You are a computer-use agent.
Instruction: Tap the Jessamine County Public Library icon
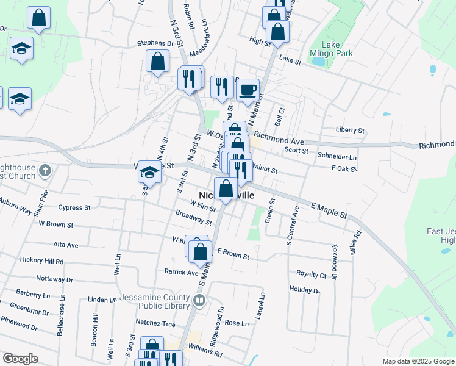click(199, 300)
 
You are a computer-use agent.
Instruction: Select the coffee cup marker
click(248, 91)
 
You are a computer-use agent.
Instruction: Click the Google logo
click(21, 358)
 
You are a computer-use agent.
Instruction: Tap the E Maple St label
click(329, 211)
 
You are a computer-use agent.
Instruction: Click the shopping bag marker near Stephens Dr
click(157, 62)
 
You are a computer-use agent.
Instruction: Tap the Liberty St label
click(350, 130)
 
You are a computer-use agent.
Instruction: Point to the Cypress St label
click(74, 207)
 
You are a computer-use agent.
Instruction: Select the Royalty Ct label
click(311, 274)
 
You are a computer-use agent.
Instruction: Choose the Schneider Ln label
click(337, 156)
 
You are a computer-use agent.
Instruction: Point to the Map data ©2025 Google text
click(418, 361)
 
